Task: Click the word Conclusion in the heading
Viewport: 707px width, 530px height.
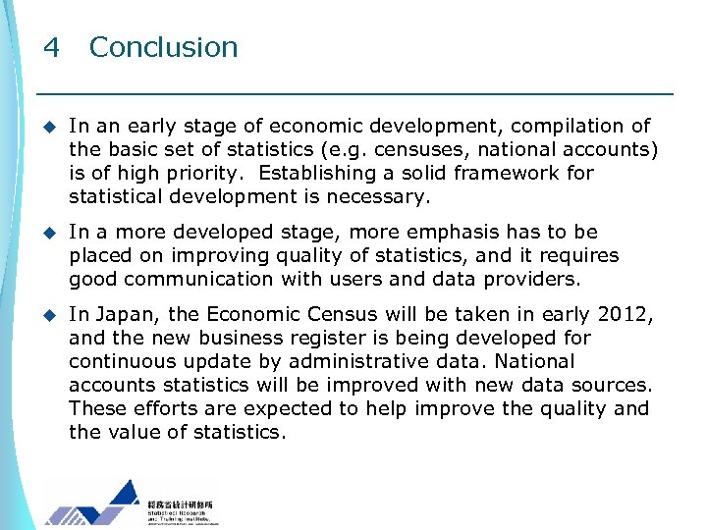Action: tap(163, 47)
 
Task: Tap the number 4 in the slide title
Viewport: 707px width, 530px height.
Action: tap(52, 47)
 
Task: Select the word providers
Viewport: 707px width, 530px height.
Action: tap(533, 279)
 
